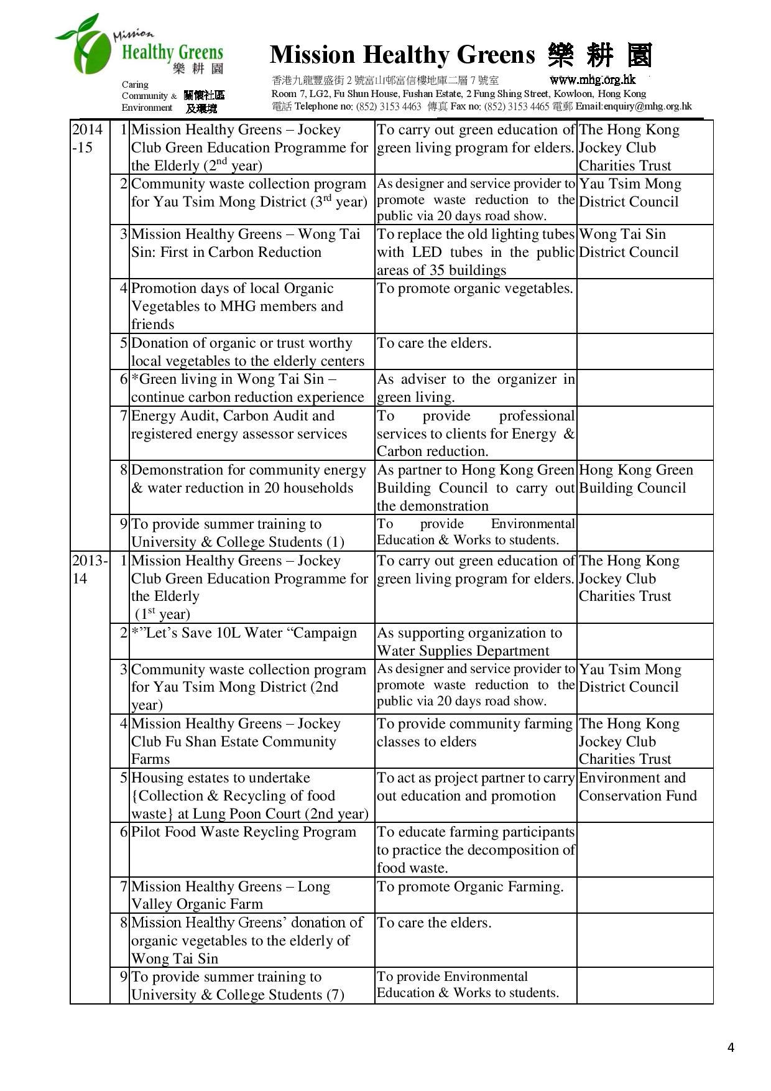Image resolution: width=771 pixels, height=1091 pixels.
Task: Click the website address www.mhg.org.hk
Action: [593, 80]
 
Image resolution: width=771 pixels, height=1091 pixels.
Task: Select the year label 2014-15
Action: [87, 139]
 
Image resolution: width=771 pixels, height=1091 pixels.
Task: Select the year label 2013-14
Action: [90, 569]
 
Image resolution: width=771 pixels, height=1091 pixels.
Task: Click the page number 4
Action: [731, 1047]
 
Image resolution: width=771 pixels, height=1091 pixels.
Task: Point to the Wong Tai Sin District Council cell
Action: [629, 243]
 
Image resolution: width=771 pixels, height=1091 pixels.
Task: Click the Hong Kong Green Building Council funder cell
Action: [635, 479]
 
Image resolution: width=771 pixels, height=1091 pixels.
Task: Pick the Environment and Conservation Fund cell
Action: [637, 787]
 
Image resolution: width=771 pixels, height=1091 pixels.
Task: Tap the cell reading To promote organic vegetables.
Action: [474, 289]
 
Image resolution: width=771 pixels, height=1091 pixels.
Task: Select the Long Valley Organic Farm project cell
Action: [231, 895]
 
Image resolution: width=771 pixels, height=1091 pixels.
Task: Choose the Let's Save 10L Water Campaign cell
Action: [244, 633]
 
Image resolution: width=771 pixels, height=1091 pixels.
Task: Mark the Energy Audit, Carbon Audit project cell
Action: [239, 425]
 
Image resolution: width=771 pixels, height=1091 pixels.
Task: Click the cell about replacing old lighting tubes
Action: [476, 252]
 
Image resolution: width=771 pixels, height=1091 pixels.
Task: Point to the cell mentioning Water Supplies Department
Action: [469, 642]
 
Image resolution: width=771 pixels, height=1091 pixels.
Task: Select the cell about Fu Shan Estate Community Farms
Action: [236, 741]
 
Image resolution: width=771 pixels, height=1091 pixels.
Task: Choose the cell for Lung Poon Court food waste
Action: [249, 796]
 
